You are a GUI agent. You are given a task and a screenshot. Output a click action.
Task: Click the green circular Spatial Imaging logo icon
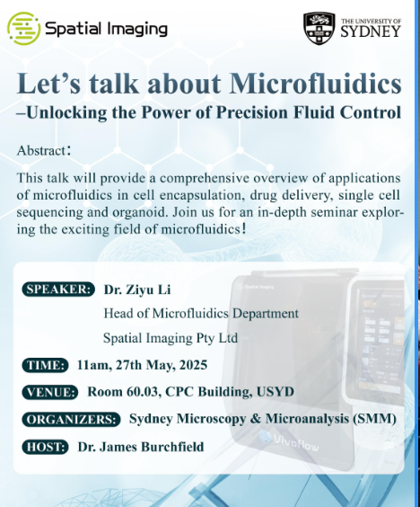pyautogui.click(x=24, y=29)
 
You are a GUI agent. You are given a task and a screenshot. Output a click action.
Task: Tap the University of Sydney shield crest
pyautogui.click(x=319, y=29)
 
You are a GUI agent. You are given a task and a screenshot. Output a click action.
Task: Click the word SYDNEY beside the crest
pyautogui.click(x=371, y=32)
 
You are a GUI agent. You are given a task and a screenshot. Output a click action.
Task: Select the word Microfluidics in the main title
pyautogui.click(x=315, y=84)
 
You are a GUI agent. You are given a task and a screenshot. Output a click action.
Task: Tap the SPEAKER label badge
pyautogui.click(x=58, y=289)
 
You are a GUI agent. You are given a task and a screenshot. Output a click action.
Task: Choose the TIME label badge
pyautogui.click(x=46, y=365)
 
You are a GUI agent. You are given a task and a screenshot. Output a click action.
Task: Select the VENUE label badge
pyautogui.click(x=50, y=392)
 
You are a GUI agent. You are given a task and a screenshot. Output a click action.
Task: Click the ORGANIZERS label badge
pyautogui.click(x=71, y=420)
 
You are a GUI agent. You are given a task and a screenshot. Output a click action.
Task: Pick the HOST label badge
pyautogui.click(x=46, y=447)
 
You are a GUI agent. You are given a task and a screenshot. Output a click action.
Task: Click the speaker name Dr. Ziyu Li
pyautogui.click(x=137, y=289)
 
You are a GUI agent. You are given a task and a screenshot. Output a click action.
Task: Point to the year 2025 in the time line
pyautogui.click(x=193, y=365)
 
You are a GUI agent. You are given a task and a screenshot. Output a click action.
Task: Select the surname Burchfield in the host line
pyautogui.click(x=172, y=447)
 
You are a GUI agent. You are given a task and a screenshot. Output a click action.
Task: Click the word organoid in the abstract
pyautogui.click(x=141, y=213)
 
